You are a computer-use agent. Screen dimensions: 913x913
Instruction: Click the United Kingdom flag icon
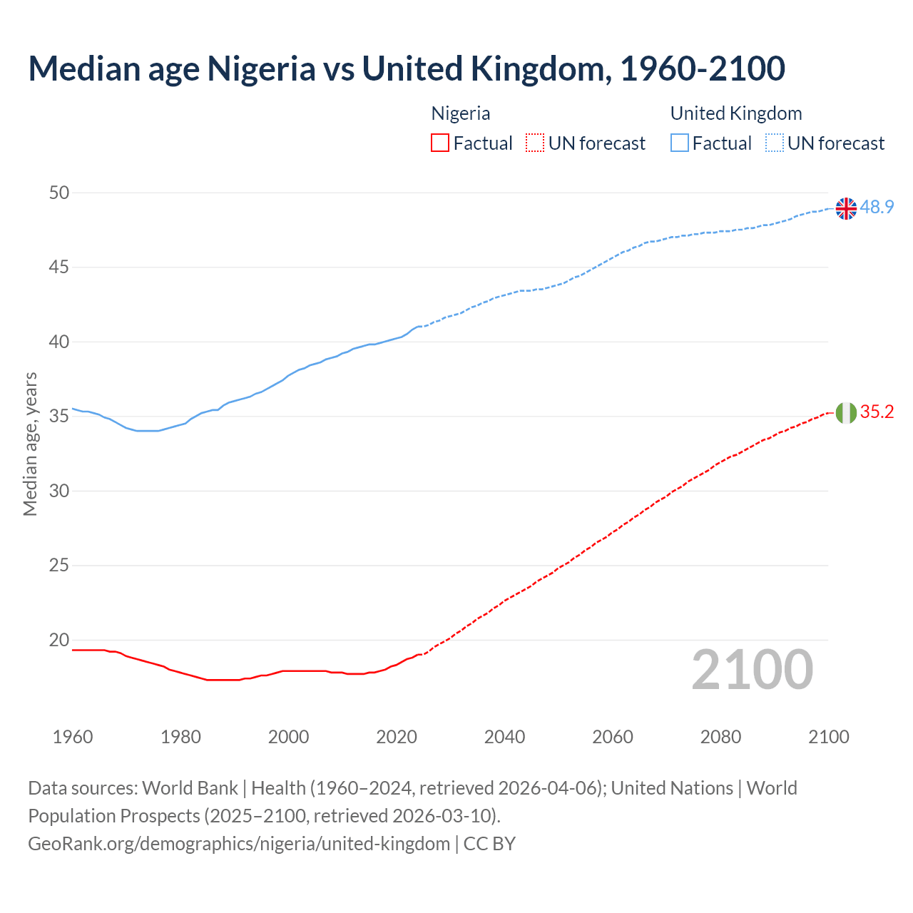pyautogui.click(x=846, y=208)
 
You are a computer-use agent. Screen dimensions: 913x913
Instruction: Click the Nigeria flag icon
pyautogui.click(x=846, y=412)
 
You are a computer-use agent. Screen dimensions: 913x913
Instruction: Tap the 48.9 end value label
pyautogui.click(x=877, y=207)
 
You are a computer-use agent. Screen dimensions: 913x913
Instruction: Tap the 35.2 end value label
pyautogui.click(x=877, y=412)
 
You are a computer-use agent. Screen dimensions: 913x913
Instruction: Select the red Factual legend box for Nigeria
pyautogui.click(x=440, y=143)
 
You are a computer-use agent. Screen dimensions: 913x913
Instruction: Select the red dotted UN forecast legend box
pyautogui.click(x=535, y=143)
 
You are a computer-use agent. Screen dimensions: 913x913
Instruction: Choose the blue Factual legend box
pyautogui.click(x=679, y=143)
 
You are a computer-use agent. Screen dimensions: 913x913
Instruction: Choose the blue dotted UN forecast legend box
pyautogui.click(x=774, y=143)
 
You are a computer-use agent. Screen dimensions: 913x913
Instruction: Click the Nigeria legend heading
pyautogui.click(x=461, y=113)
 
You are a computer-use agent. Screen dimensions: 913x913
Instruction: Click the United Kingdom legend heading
pyautogui.click(x=735, y=113)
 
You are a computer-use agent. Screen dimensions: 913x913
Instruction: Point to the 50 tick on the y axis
pyautogui.click(x=60, y=193)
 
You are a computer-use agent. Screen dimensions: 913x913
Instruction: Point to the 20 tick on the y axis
pyautogui.click(x=60, y=640)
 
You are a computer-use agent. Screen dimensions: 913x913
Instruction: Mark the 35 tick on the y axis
pyautogui.click(x=60, y=417)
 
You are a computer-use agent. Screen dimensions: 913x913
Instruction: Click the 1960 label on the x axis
pyautogui.click(x=73, y=737)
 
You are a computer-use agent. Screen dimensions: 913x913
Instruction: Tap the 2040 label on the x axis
pyautogui.click(x=504, y=737)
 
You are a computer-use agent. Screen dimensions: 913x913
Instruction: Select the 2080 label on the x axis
pyautogui.click(x=720, y=737)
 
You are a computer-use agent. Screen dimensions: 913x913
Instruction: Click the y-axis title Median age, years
pyautogui.click(x=30, y=444)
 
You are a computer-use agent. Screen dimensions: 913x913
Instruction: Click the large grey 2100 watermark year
pyautogui.click(x=752, y=670)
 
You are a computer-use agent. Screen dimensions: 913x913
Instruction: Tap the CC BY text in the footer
pyautogui.click(x=489, y=844)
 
